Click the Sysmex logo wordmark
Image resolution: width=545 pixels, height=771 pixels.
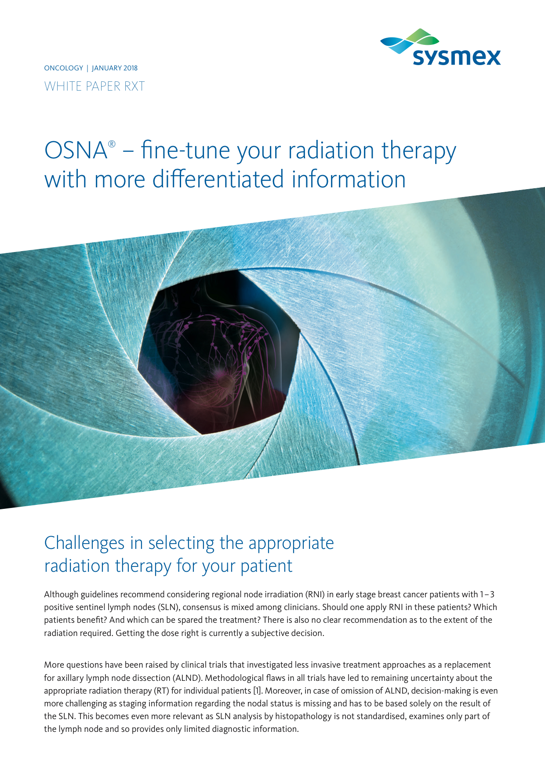(x=457, y=57)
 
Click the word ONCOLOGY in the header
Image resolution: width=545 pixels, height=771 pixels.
(x=64, y=68)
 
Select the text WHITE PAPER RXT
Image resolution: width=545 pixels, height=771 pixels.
(x=94, y=86)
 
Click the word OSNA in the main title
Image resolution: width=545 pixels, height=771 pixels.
(x=76, y=150)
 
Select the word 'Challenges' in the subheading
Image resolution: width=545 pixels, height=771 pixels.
(x=84, y=544)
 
